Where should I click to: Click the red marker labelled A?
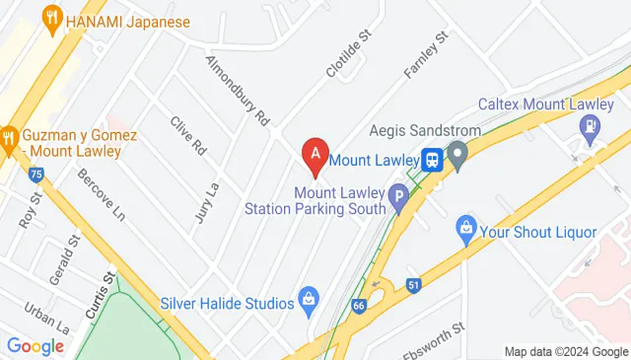pos(315,153)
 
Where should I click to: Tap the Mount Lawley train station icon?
pos(432,159)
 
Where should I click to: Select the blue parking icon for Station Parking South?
pos(398,195)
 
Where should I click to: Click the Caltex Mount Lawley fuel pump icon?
pos(590,125)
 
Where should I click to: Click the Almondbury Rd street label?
pos(237,89)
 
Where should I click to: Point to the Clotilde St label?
pos(349,54)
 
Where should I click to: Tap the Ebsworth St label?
pos(435,334)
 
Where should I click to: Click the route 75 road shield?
pos(36,175)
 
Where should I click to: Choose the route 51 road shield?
pos(414,285)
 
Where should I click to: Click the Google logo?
pos(35,345)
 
